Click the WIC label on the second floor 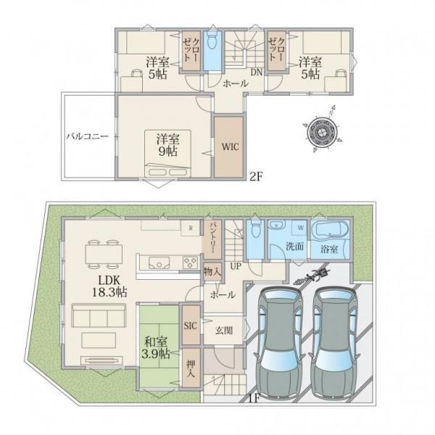[230, 146]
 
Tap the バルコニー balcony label [87, 136]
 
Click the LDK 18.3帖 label [109, 286]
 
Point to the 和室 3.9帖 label [156, 348]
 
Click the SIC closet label [190, 326]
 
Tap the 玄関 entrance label [224, 331]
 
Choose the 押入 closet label [191, 368]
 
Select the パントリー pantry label [212, 238]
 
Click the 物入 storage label [212, 272]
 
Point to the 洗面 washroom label [294, 246]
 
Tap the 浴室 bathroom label [329, 249]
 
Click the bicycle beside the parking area [311, 275]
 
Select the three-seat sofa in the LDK [99, 315]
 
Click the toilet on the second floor [212, 40]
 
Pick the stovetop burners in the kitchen [190, 262]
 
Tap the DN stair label [257, 72]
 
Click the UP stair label [236, 266]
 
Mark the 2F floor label [256, 177]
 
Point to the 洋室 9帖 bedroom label [168, 145]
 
